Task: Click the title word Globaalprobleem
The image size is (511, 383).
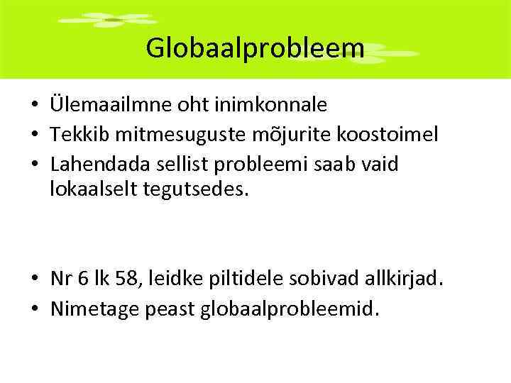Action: click(255, 48)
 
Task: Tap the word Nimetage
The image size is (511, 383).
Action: click(95, 309)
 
